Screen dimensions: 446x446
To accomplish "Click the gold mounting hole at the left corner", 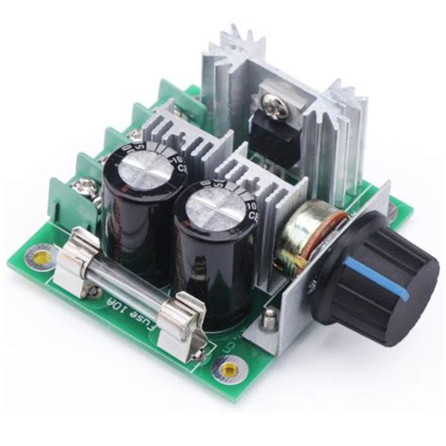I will pyautogui.click(x=40, y=253).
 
